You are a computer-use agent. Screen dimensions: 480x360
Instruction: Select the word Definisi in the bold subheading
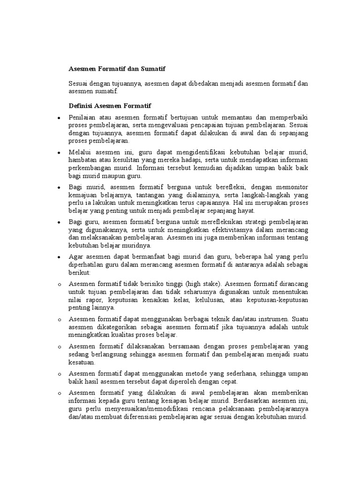point(81,105)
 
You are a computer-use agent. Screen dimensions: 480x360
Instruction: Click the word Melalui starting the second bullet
point(80,153)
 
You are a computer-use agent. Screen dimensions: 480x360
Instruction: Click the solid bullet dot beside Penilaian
point(57,118)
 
